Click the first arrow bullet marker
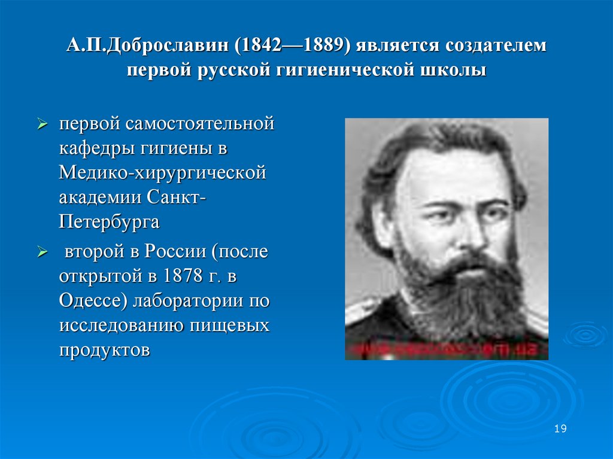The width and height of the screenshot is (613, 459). pyautogui.click(x=43, y=125)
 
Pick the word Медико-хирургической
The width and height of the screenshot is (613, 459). pyautogui.click(x=162, y=173)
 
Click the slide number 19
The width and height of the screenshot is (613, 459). pyautogui.click(x=560, y=429)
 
